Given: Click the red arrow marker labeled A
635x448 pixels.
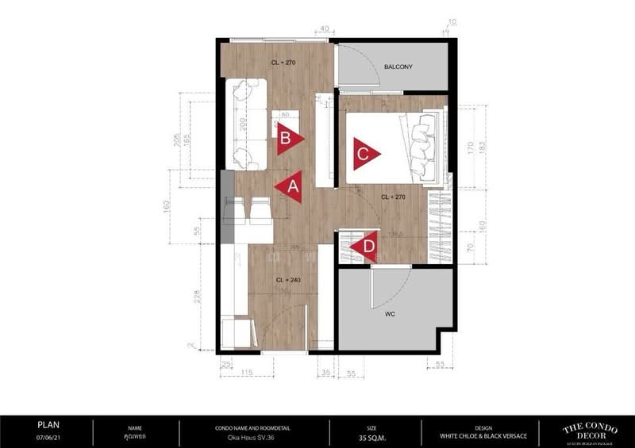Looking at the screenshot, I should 290,187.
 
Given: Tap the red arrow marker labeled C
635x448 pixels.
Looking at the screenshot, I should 364,155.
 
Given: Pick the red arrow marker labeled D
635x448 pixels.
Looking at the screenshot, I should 366,247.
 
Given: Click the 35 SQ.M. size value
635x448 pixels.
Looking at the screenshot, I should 371,435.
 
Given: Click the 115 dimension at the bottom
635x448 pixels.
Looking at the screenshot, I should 246,372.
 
